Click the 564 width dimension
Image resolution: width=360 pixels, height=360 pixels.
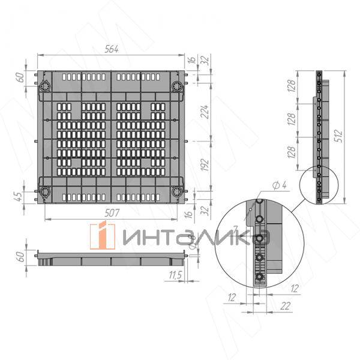112,49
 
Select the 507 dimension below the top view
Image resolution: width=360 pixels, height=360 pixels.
112,213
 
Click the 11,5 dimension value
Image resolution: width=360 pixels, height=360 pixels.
175,275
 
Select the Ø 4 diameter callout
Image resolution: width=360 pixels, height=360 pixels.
280,185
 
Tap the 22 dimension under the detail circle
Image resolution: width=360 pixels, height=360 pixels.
285,306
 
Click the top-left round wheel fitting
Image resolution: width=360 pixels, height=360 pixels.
45,86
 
